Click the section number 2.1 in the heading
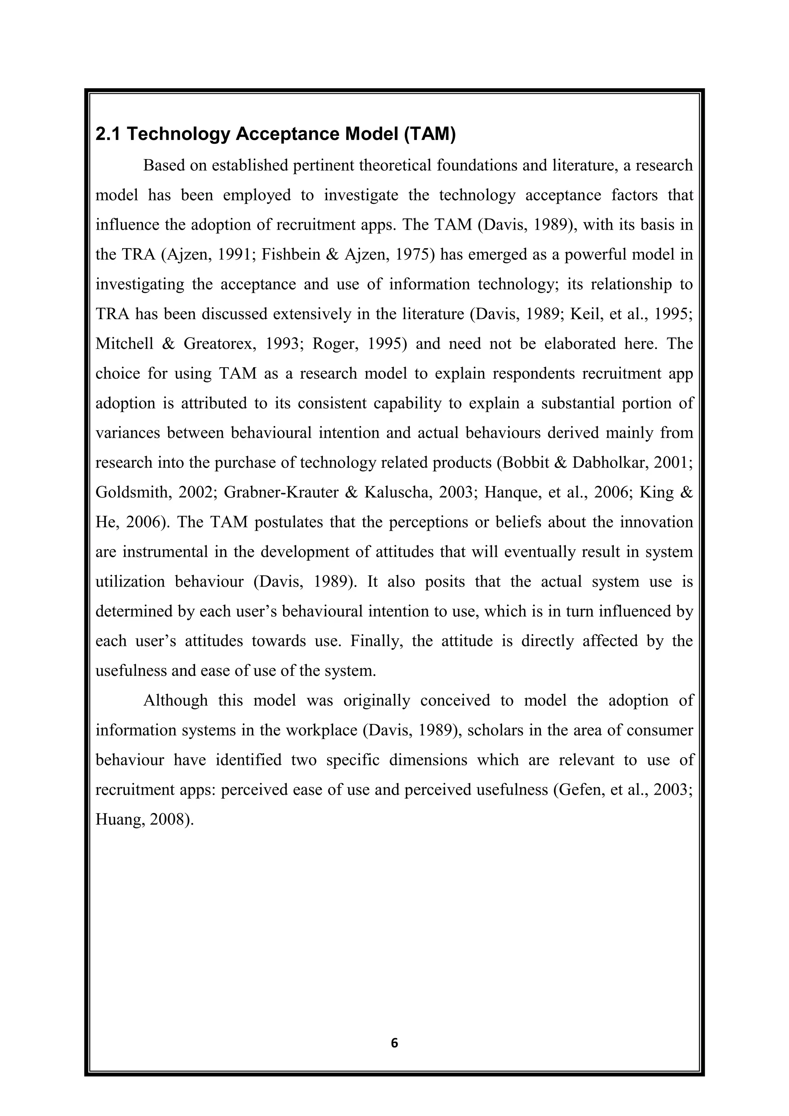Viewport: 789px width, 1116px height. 107,134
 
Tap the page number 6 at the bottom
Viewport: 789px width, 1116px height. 394,1043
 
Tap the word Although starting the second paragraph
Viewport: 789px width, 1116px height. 175,701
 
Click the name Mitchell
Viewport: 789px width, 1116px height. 124,344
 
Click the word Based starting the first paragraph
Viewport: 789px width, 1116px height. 164,165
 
